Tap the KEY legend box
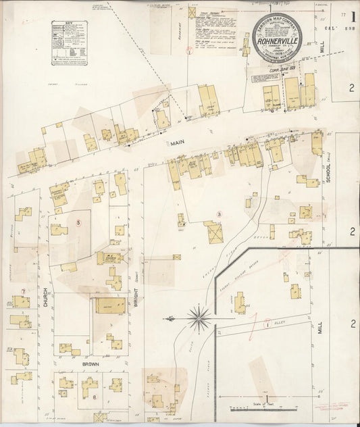pyautogui.click(x=70, y=42)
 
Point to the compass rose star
pyautogui.click(x=198, y=315)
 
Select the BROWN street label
pyautogui.click(x=92, y=363)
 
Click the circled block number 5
pyautogui.click(x=78, y=222)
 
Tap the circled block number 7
pyautogui.click(x=23, y=291)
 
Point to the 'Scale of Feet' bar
pyautogui.click(x=263, y=407)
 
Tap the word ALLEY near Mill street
pyautogui.click(x=281, y=324)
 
